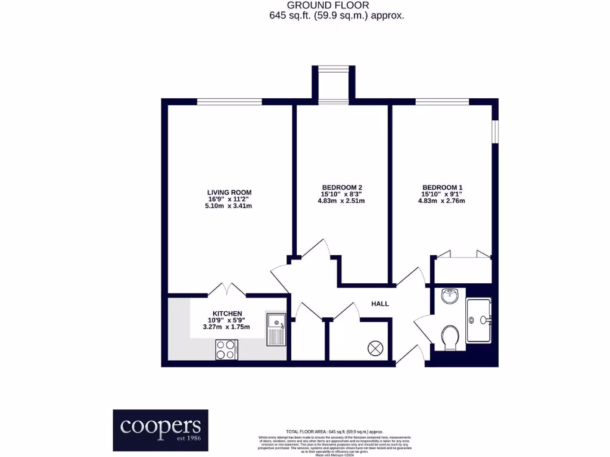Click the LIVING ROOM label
[229, 192]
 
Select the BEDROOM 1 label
[441, 187]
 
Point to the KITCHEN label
[228, 314]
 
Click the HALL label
[380, 303]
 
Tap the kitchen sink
[276, 330]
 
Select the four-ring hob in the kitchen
[226, 349]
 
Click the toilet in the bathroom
[450, 338]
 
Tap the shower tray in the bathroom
[479, 320]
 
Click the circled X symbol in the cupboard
[376, 348]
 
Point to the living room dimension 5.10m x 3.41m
[229, 206]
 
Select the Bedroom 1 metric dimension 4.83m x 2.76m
[441, 201]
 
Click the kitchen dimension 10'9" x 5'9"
[228, 320]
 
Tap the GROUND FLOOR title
[337, 5]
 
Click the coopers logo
[161, 430]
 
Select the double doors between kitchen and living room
[227, 289]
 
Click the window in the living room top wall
[229, 102]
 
